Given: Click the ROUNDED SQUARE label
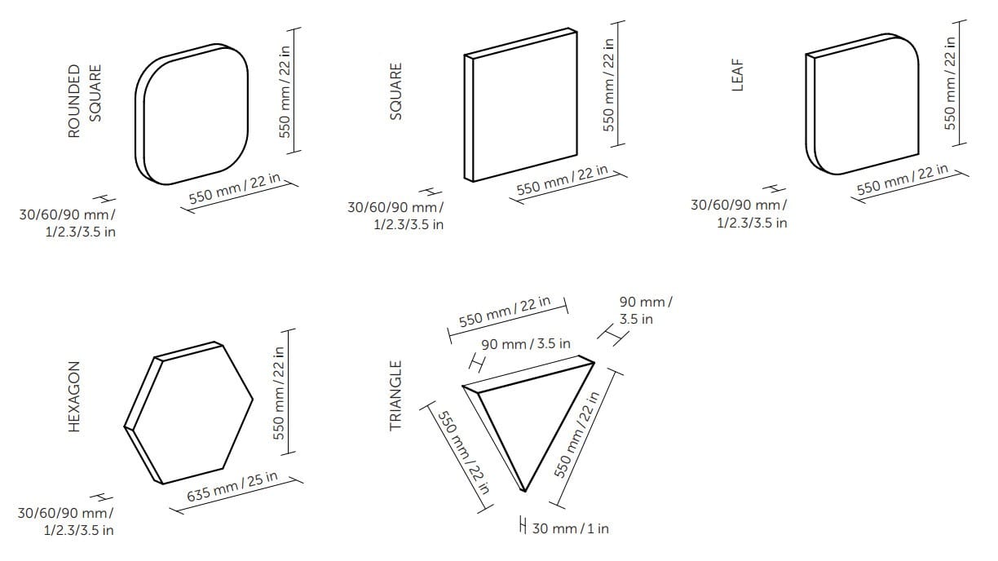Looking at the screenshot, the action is pyautogui.click(x=85, y=101).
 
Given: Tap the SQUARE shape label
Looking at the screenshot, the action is pyautogui.click(x=395, y=91).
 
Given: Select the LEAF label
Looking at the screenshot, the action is pyautogui.click(x=737, y=75).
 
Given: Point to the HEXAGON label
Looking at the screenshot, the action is pyautogui.click(x=74, y=396).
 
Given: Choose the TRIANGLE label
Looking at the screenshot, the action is pyautogui.click(x=395, y=395).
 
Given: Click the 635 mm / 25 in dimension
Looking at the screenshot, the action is pyautogui.click(x=232, y=487).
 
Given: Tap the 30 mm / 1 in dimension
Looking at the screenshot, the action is pyautogui.click(x=570, y=528).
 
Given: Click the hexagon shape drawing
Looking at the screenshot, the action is pyautogui.click(x=188, y=413).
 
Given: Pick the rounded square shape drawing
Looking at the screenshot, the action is pyautogui.click(x=192, y=114).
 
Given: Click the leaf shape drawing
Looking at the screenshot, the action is pyautogui.click(x=862, y=104).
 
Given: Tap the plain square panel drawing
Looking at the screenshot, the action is pyautogui.click(x=521, y=104).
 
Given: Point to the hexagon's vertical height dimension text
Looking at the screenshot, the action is pyautogui.click(x=278, y=393).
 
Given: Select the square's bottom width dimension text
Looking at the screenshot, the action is pyautogui.click(x=563, y=179).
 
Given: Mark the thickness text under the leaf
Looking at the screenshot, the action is pyautogui.click(x=740, y=214).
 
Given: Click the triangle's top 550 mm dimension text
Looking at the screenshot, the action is pyautogui.click(x=505, y=311).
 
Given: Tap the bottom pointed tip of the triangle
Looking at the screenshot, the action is pyautogui.click(x=525, y=492).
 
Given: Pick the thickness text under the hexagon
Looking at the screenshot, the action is pyautogui.click(x=65, y=521).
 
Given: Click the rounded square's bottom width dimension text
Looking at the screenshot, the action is pyautogui.click(x=234, y=188).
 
